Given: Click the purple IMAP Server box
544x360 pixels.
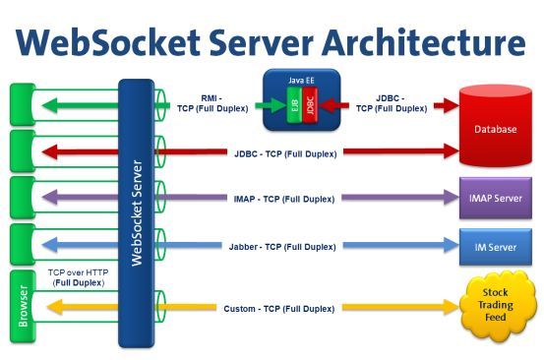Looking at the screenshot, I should pyautogui.click(x=497, y=198).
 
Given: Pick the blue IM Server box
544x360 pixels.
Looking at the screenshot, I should pyautogui.click(x=497, y=245).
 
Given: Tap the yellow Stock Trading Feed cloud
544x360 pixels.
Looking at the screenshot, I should pyautogui.click(x=497, y=306).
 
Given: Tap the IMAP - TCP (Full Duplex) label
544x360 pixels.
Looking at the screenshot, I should pyautogui.click(x=284, y=199).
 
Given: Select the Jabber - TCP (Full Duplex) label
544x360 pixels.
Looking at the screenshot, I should pyautogui.click(x=284, y=246).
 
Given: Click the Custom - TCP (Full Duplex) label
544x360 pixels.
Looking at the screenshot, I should pyautogui.click(x=284, y=308).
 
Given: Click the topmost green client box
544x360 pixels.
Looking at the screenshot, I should pyautogui.click(x=23, y=102).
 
